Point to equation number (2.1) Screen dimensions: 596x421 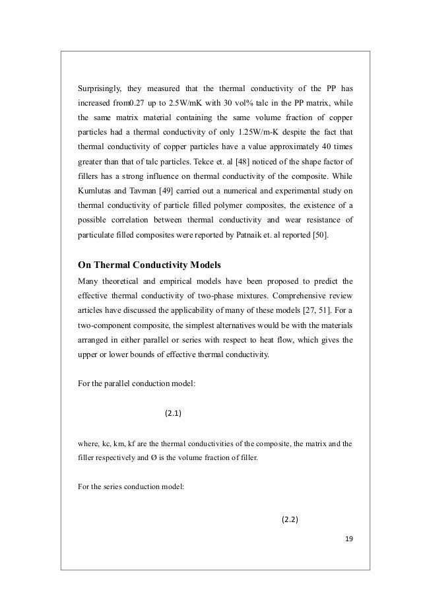(173, 414)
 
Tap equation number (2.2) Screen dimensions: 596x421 (290, 519)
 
